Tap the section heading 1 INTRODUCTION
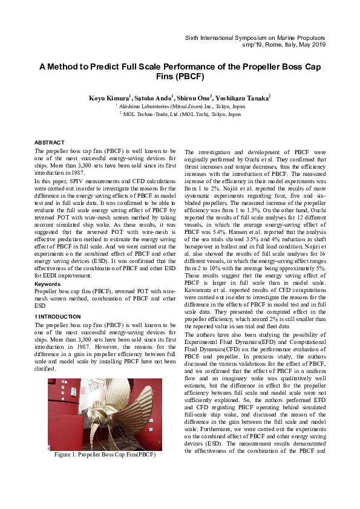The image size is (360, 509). click(x=57, y=317)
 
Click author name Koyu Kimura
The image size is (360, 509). click(x=108, y=97)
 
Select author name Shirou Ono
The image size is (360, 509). click(x=194, y=97)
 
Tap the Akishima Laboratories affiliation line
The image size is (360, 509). click(x=180, y=105)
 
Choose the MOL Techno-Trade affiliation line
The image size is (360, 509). click(x=180, y=114)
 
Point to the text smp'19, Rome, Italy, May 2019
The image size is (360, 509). click(x=292, y=45)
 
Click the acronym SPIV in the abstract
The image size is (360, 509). click(x=76, y=181)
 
